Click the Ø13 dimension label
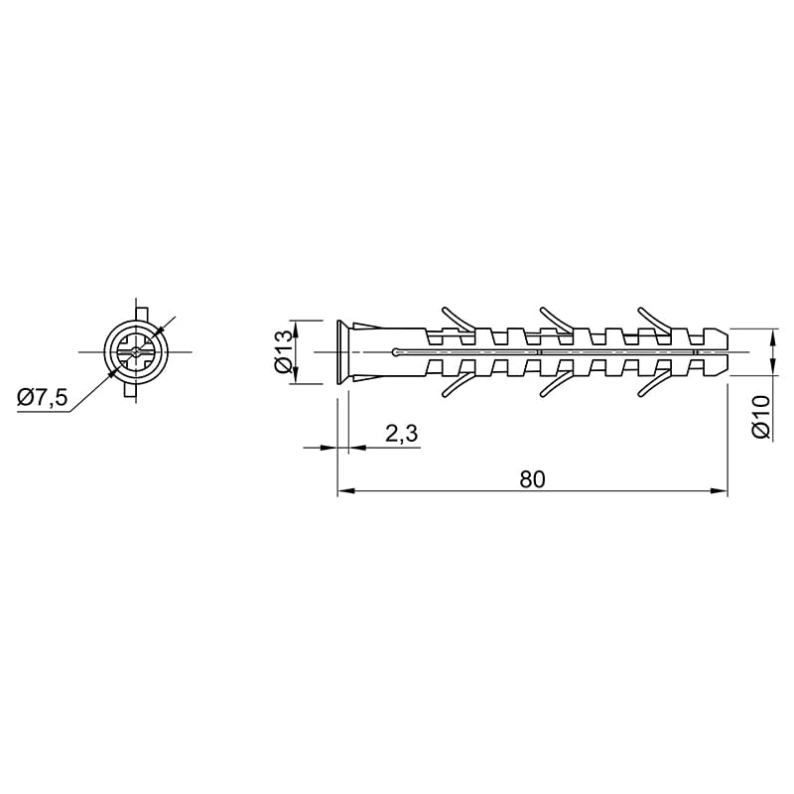[x=284, y=351]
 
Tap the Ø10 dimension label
[x=761, y=416]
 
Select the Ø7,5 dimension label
[x=42, y=398]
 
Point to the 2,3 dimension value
[x=402, y=434]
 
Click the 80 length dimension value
[x=532, y=479]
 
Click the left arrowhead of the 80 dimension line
[x=345, y=490]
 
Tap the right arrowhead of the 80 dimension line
[x=720, y=490]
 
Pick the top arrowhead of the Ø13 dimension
[x=296, y=329]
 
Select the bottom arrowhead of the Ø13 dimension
[x=296, y=376]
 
